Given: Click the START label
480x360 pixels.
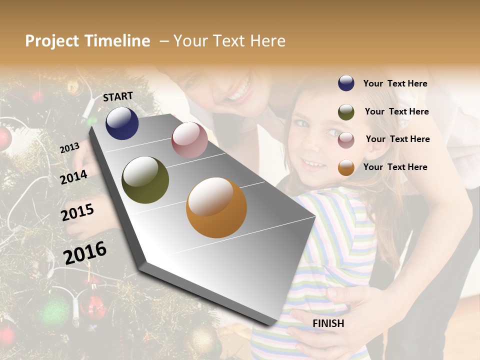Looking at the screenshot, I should point(118,96).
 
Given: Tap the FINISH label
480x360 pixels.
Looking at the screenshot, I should point(328,323).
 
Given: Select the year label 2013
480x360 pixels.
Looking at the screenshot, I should point(69,148).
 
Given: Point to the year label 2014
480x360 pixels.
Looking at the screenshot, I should point(73,177).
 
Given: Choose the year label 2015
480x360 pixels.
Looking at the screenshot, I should point(77,212).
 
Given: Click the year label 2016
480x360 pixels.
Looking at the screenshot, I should point(85,252).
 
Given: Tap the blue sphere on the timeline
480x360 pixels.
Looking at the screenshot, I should point(122,123).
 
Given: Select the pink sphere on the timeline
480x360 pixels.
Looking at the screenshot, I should point(189,140).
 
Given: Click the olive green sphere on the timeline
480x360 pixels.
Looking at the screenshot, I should point(145,180).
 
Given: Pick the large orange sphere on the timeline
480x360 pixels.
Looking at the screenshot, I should point(216,207).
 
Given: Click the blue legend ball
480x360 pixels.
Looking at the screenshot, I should point(346,83).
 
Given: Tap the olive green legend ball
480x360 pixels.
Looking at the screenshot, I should point(346,112).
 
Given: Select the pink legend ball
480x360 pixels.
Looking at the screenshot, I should point(346,140).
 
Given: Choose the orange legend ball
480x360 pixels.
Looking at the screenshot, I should point(346,167).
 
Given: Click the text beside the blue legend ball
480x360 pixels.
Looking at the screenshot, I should point(395,83).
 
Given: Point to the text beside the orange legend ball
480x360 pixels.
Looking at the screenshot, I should point(395,167).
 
